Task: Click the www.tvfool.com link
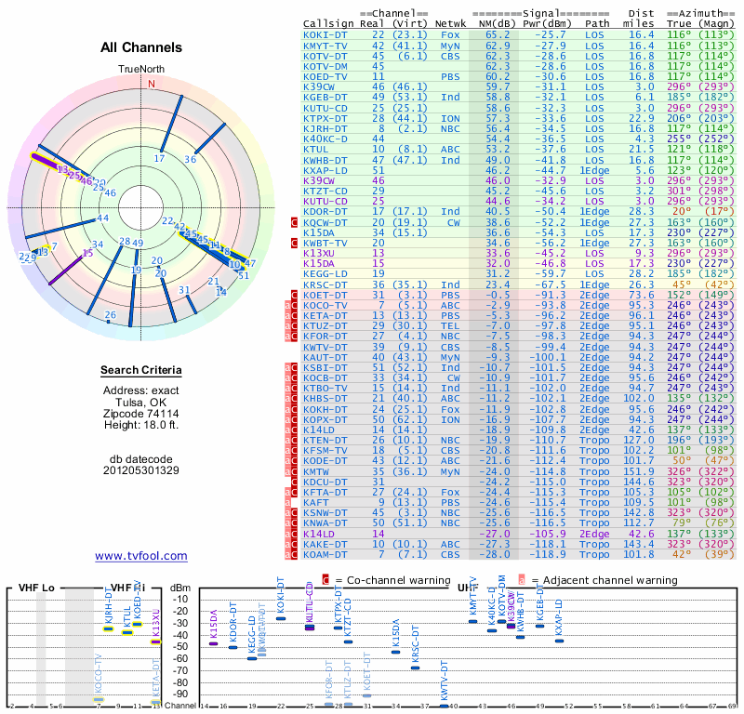coord(141,556)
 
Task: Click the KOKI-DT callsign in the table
coord(325,34)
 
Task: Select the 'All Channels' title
coord(141,47)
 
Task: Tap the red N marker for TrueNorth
coord(151,84)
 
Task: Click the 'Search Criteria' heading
coord(141,371)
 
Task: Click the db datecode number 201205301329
coord(141,470)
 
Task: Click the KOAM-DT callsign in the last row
coord(325,554)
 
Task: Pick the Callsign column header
coord(327,24)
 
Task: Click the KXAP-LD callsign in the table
coord(325,170)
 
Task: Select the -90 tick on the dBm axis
coord(179,694)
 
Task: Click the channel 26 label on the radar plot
coord(111,315)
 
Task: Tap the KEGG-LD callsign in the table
coord(325,273)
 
